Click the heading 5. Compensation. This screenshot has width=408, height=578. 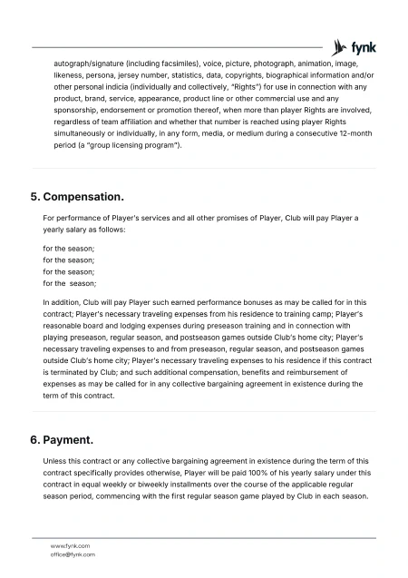coord(77,196)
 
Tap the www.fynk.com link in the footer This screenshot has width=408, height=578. coord(70,545)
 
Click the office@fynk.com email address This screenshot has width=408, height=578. coord(73,554)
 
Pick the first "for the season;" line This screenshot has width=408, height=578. coord(69,248)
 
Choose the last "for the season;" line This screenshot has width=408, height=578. coord(70,283)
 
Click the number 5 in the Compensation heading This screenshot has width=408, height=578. coord(34,196)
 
